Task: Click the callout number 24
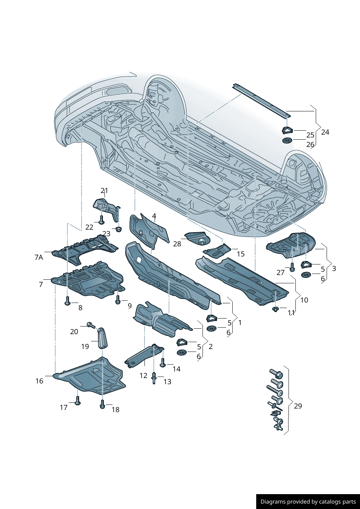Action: point(325,132)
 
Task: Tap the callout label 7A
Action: point(38,257)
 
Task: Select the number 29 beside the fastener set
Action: point(298,406)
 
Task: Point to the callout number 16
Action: point(39,381)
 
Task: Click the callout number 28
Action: point(177,244)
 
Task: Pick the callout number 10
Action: point(304,300)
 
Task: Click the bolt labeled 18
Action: point(102,404)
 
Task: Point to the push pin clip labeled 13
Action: point(154,378)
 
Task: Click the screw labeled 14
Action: point(163,362)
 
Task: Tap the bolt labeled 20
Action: point(91,325)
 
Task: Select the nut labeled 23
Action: point(118,229)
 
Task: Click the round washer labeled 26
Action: point(287,140)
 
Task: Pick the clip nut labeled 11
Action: point(275,309)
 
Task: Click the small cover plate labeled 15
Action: point(217,250)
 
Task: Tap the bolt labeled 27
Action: point(292,268)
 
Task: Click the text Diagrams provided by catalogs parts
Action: point(308,501)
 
